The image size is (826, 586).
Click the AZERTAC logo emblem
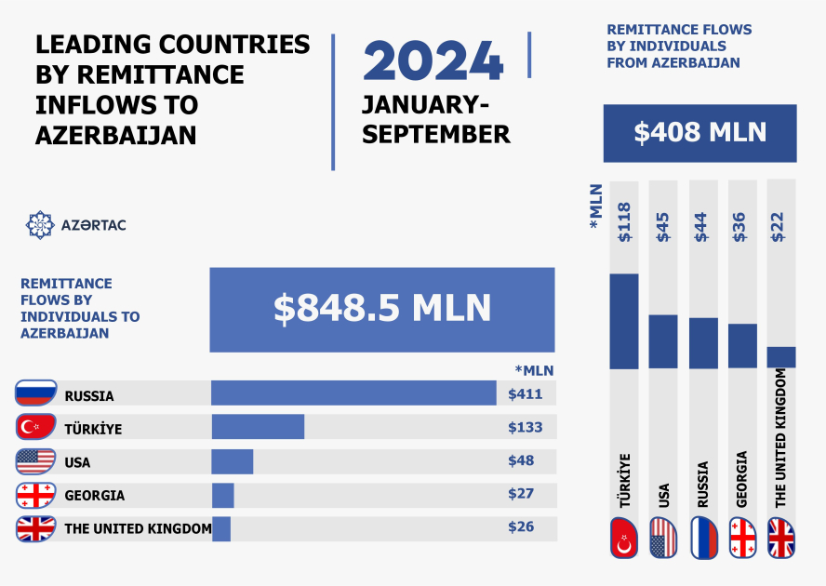click(x=39, y=224)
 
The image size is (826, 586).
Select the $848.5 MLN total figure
click(x=382, y=310)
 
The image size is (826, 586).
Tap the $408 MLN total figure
click(x=699, y=132)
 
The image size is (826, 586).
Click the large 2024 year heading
click(x=433, y=61)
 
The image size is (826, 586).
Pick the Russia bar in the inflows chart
click(x=353, y=393)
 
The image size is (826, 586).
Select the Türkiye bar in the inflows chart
click(x=258, y=427)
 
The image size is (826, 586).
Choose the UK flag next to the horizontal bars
click(x=36, y=529)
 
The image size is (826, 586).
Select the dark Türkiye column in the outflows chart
click(x=624, y=321)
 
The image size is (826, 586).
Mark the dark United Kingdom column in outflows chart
click(x=781, y=357)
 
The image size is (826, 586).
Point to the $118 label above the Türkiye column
click(x=624, y=222)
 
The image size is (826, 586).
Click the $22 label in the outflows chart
click(x=780, y=224)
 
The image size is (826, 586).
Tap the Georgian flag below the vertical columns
click(x=742, y=538)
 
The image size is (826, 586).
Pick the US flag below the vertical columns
click(x=663, y=538)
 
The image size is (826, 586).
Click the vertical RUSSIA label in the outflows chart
click(x=703, y=484)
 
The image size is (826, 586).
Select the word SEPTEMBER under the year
click(x=436, y=134)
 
